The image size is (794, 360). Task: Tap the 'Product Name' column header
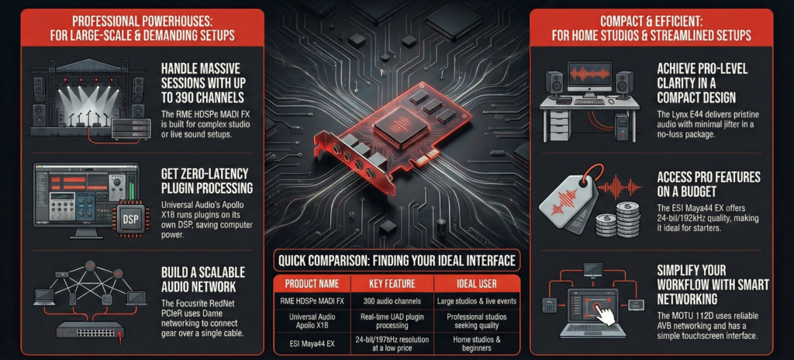click(x=312, y=283)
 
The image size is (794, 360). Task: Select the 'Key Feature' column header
click(x=389, y=283)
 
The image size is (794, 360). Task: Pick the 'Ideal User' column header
click(x=476, y=283)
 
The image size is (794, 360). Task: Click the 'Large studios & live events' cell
click(x=476, y=301)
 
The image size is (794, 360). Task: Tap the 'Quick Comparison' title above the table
click(x=396, y=261)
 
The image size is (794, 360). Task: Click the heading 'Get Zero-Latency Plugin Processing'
click(x=206, y=181)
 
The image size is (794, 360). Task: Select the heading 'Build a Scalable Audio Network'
click(x=202, y=279)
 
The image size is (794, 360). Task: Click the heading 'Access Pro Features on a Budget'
click(x=709, y=185)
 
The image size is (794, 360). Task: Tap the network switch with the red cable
click(x=90, y=329)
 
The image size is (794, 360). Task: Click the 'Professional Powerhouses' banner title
click(x=143, y=29)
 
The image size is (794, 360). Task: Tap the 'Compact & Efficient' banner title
click(x=651, y=29)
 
